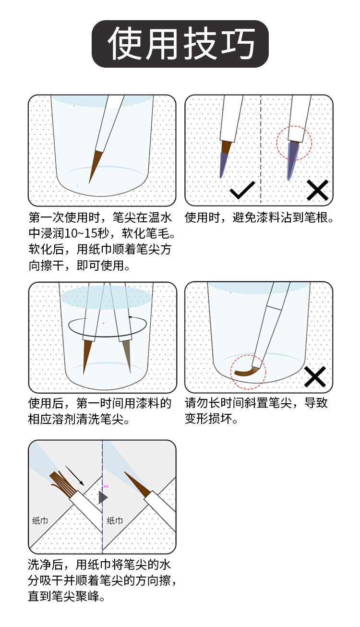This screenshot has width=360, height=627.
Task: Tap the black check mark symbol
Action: pyautogui.click(x=242, y=190)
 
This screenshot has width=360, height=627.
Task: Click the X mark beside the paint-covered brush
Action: pyautogui.click(x=317, y=190)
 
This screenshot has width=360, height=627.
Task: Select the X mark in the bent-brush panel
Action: pyautogui.click(x=315, y=376)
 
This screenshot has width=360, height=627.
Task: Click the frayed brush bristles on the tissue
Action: pyautogui.click(x=62, y=483)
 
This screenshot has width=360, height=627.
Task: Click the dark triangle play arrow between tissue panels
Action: pyautogui.click(x=103, y=497)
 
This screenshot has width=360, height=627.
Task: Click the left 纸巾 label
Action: pyautogui.click(x=40, y=520)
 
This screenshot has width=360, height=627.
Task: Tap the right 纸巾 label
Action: pyautogui.click(x=115, y=520)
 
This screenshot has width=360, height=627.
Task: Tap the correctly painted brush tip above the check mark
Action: pyautogui.click(x=225, y=159)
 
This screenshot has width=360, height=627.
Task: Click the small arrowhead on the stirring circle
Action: pyautogui.click(x=130, y=317)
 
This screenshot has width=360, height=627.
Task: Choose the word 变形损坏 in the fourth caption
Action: pyautogui.click(x=208, y=419)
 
